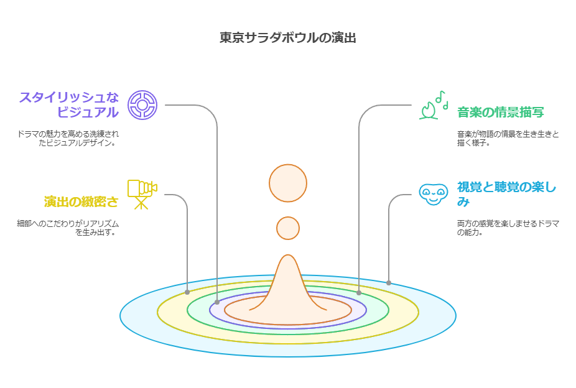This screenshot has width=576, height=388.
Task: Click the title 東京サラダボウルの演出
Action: click(288, 37)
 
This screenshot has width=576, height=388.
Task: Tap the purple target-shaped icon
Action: click(142, 104)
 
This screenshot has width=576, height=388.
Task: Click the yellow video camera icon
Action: click(142, 193)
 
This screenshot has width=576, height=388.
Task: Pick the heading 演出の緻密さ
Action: click(81, 201)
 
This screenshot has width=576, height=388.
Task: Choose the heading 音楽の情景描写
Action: click(501, 113)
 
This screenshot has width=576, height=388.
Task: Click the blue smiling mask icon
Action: click(433, 194)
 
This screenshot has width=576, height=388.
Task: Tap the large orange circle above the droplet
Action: click(288, 183)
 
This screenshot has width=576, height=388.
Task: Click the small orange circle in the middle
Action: click(288, 228)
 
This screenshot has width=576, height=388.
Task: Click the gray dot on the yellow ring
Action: click(187, 292)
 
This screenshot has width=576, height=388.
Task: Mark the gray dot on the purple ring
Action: click(216, 302)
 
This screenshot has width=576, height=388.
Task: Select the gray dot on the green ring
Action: click(359, 292)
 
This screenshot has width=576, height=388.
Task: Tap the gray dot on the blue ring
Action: click(389, 283)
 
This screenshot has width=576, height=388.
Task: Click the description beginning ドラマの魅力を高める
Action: click(68, 138)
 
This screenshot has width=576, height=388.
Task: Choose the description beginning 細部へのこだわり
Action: click(68, 228)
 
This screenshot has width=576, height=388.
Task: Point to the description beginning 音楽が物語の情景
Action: click(508, 138)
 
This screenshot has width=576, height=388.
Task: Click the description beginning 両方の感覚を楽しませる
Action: click(508, 228)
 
